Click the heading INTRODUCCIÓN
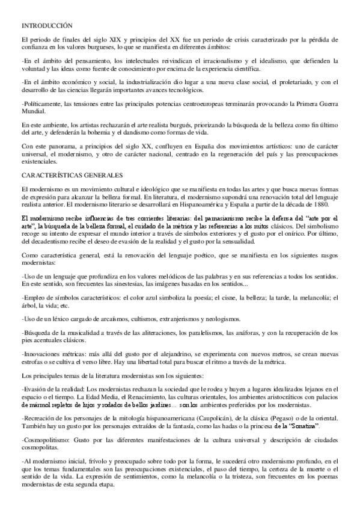pos(47,26)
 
